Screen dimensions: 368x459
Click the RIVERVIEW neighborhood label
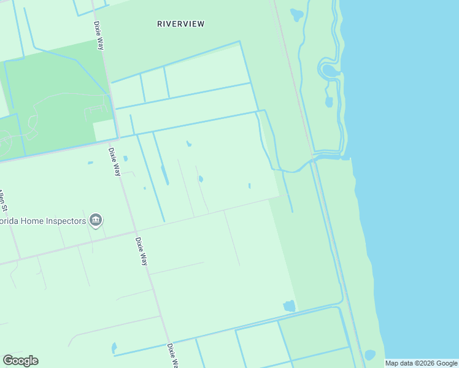click(180, 24)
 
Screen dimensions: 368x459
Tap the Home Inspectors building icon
click(95, 220)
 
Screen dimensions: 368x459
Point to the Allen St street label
click(4, 199)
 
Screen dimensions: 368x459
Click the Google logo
click(20, 361)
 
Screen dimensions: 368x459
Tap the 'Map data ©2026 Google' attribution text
click(421, 363)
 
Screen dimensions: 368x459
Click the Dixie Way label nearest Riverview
click(98, 36)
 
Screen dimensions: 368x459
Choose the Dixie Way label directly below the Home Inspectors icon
click(142, 251)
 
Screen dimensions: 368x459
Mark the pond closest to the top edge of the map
click(297, 13)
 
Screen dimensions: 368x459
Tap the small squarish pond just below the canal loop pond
click(330, 101)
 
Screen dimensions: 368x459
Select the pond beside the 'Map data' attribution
click(369, 355)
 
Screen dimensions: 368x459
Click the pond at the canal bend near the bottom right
click(289, 305)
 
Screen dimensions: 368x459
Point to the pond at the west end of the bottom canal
click(114, 348)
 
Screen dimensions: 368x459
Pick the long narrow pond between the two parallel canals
click(164, 174)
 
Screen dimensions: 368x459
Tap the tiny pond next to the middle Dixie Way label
click(125, 158)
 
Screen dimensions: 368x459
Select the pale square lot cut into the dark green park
click(104, 130)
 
